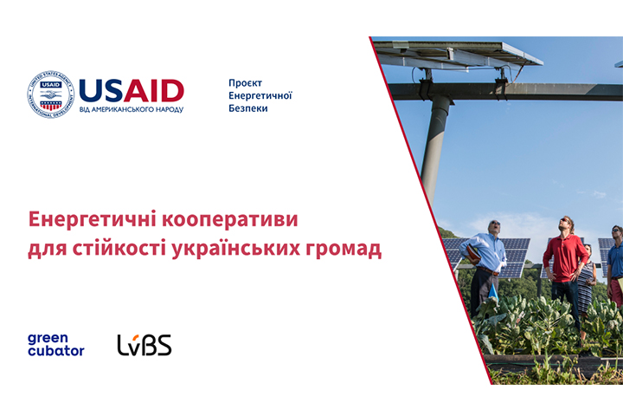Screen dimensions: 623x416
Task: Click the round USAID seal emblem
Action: (x=51, y=94)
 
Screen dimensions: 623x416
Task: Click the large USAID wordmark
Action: (x=132, y=91)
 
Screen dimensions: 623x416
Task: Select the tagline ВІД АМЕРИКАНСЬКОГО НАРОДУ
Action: (x=132, y=109)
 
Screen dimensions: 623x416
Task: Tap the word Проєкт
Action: (x=245, y=83)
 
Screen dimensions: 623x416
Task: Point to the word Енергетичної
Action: (x=260, y=96)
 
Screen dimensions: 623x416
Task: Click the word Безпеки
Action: (x=248, y=108)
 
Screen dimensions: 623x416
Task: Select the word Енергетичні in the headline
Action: (x=92, y=219)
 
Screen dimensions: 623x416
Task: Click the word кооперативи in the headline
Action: (x=229, y=220)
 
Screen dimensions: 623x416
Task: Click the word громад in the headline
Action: (x=344, y=250)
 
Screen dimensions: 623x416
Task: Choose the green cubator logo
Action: (x=55, y=345)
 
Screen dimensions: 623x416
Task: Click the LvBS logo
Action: (x=145, y=345)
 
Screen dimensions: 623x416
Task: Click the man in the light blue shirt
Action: (x=484, y=267)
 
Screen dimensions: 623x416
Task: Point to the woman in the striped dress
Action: (x=586, y=279)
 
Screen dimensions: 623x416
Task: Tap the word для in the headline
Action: (x=48, y=250)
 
